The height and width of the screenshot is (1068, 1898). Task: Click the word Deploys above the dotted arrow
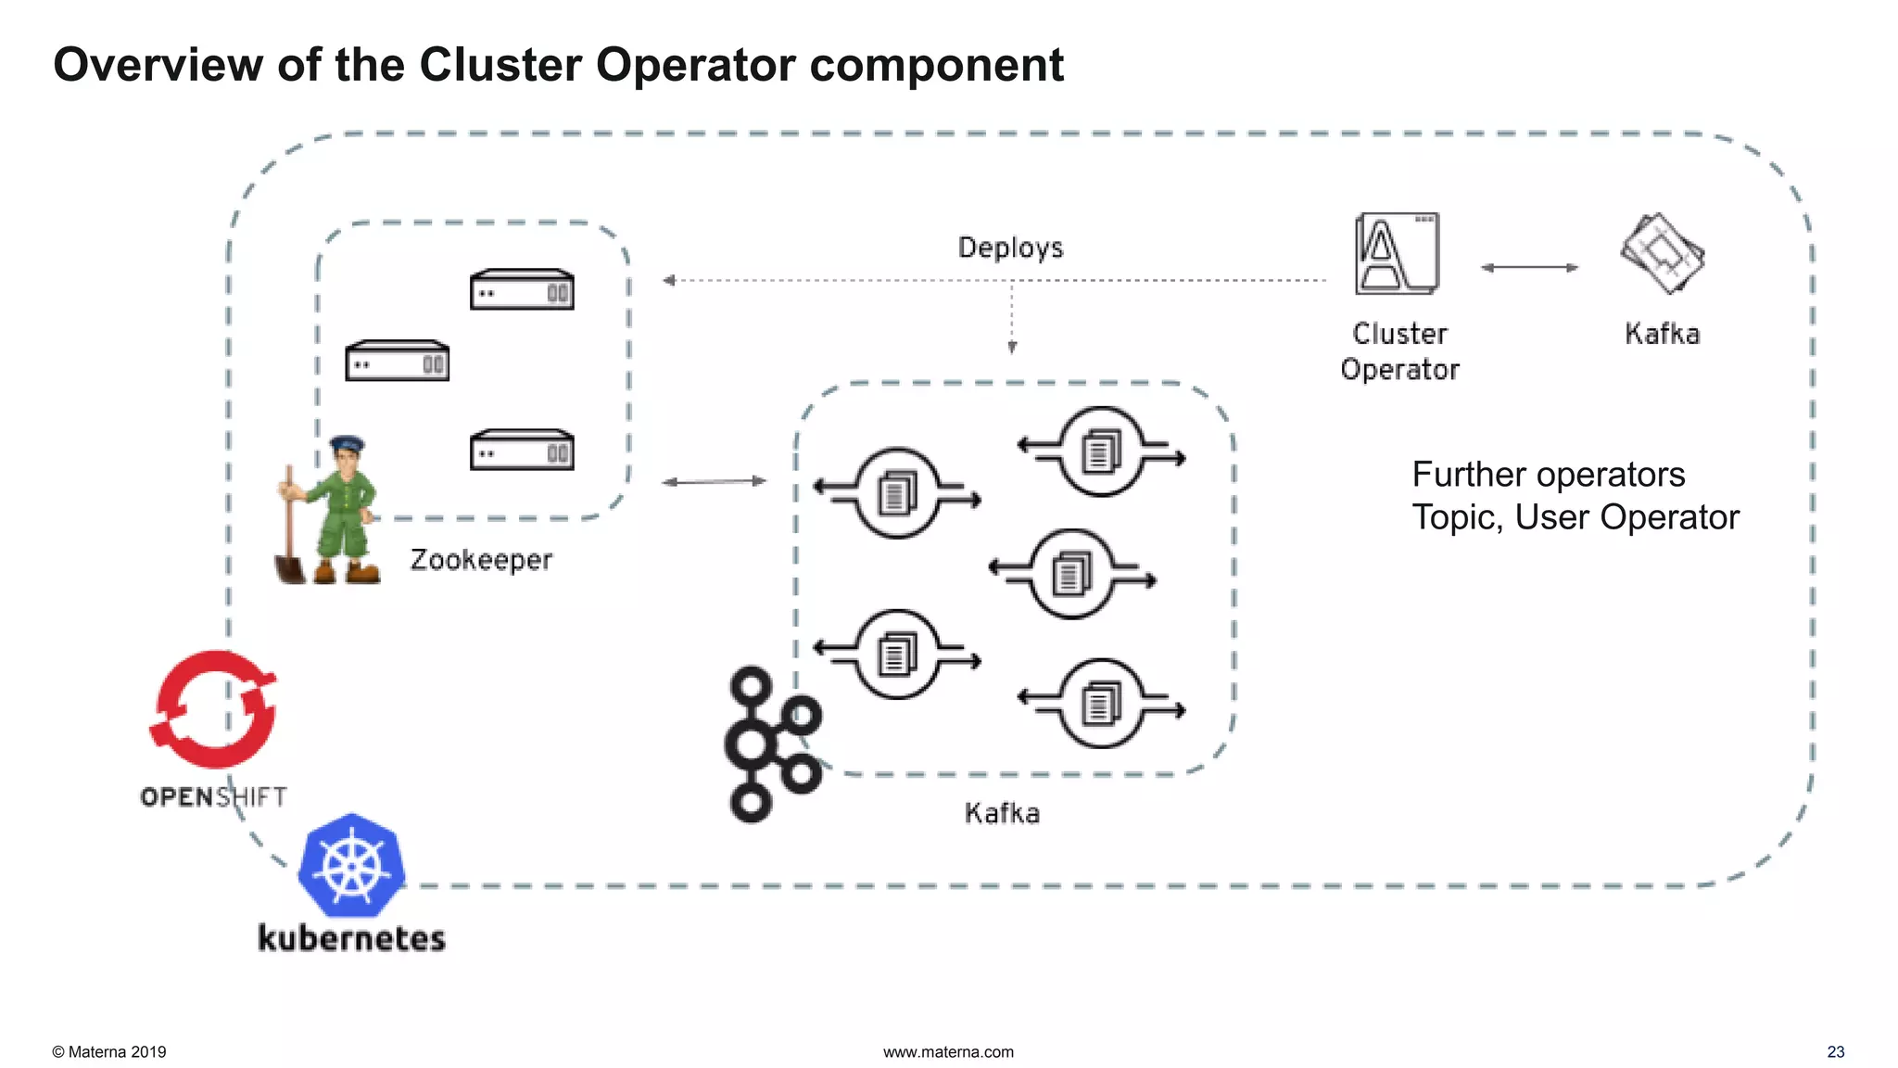(x=1010, y=248)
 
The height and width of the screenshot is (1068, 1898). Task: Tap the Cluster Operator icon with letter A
(x=1397, y=254)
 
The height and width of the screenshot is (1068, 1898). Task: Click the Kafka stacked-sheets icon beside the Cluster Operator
(x=1663, y=253)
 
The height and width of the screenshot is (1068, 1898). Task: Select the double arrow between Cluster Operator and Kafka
(x=1529, y=268)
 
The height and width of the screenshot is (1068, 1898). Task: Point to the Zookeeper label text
(x=481, y=560)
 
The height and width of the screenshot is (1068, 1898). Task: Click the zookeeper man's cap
(x=347, y=444)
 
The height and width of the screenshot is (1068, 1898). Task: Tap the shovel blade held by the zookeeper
(x=289, y=568)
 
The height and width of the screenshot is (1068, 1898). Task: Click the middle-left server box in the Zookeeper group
(x=397, y=362)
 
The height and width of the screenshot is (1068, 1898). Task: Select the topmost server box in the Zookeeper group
(x=522, y=289)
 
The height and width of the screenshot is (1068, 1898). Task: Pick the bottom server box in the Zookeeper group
(x=522, y=450)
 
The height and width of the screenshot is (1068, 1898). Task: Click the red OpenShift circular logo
(x=214, y=710)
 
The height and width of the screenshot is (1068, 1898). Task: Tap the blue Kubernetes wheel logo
(x=352, y=866)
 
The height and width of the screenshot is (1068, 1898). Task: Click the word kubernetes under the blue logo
(x=352, y=938)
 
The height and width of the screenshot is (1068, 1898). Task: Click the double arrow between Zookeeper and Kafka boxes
(x=714, y=481)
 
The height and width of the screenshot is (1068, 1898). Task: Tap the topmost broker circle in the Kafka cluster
(x=1101, y=452)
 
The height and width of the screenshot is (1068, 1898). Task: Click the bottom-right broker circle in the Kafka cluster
(x=1101, y=704)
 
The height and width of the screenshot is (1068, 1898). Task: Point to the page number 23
(x=1835, y=1052)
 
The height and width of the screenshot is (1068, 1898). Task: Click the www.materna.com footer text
(x=948, y=1052)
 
